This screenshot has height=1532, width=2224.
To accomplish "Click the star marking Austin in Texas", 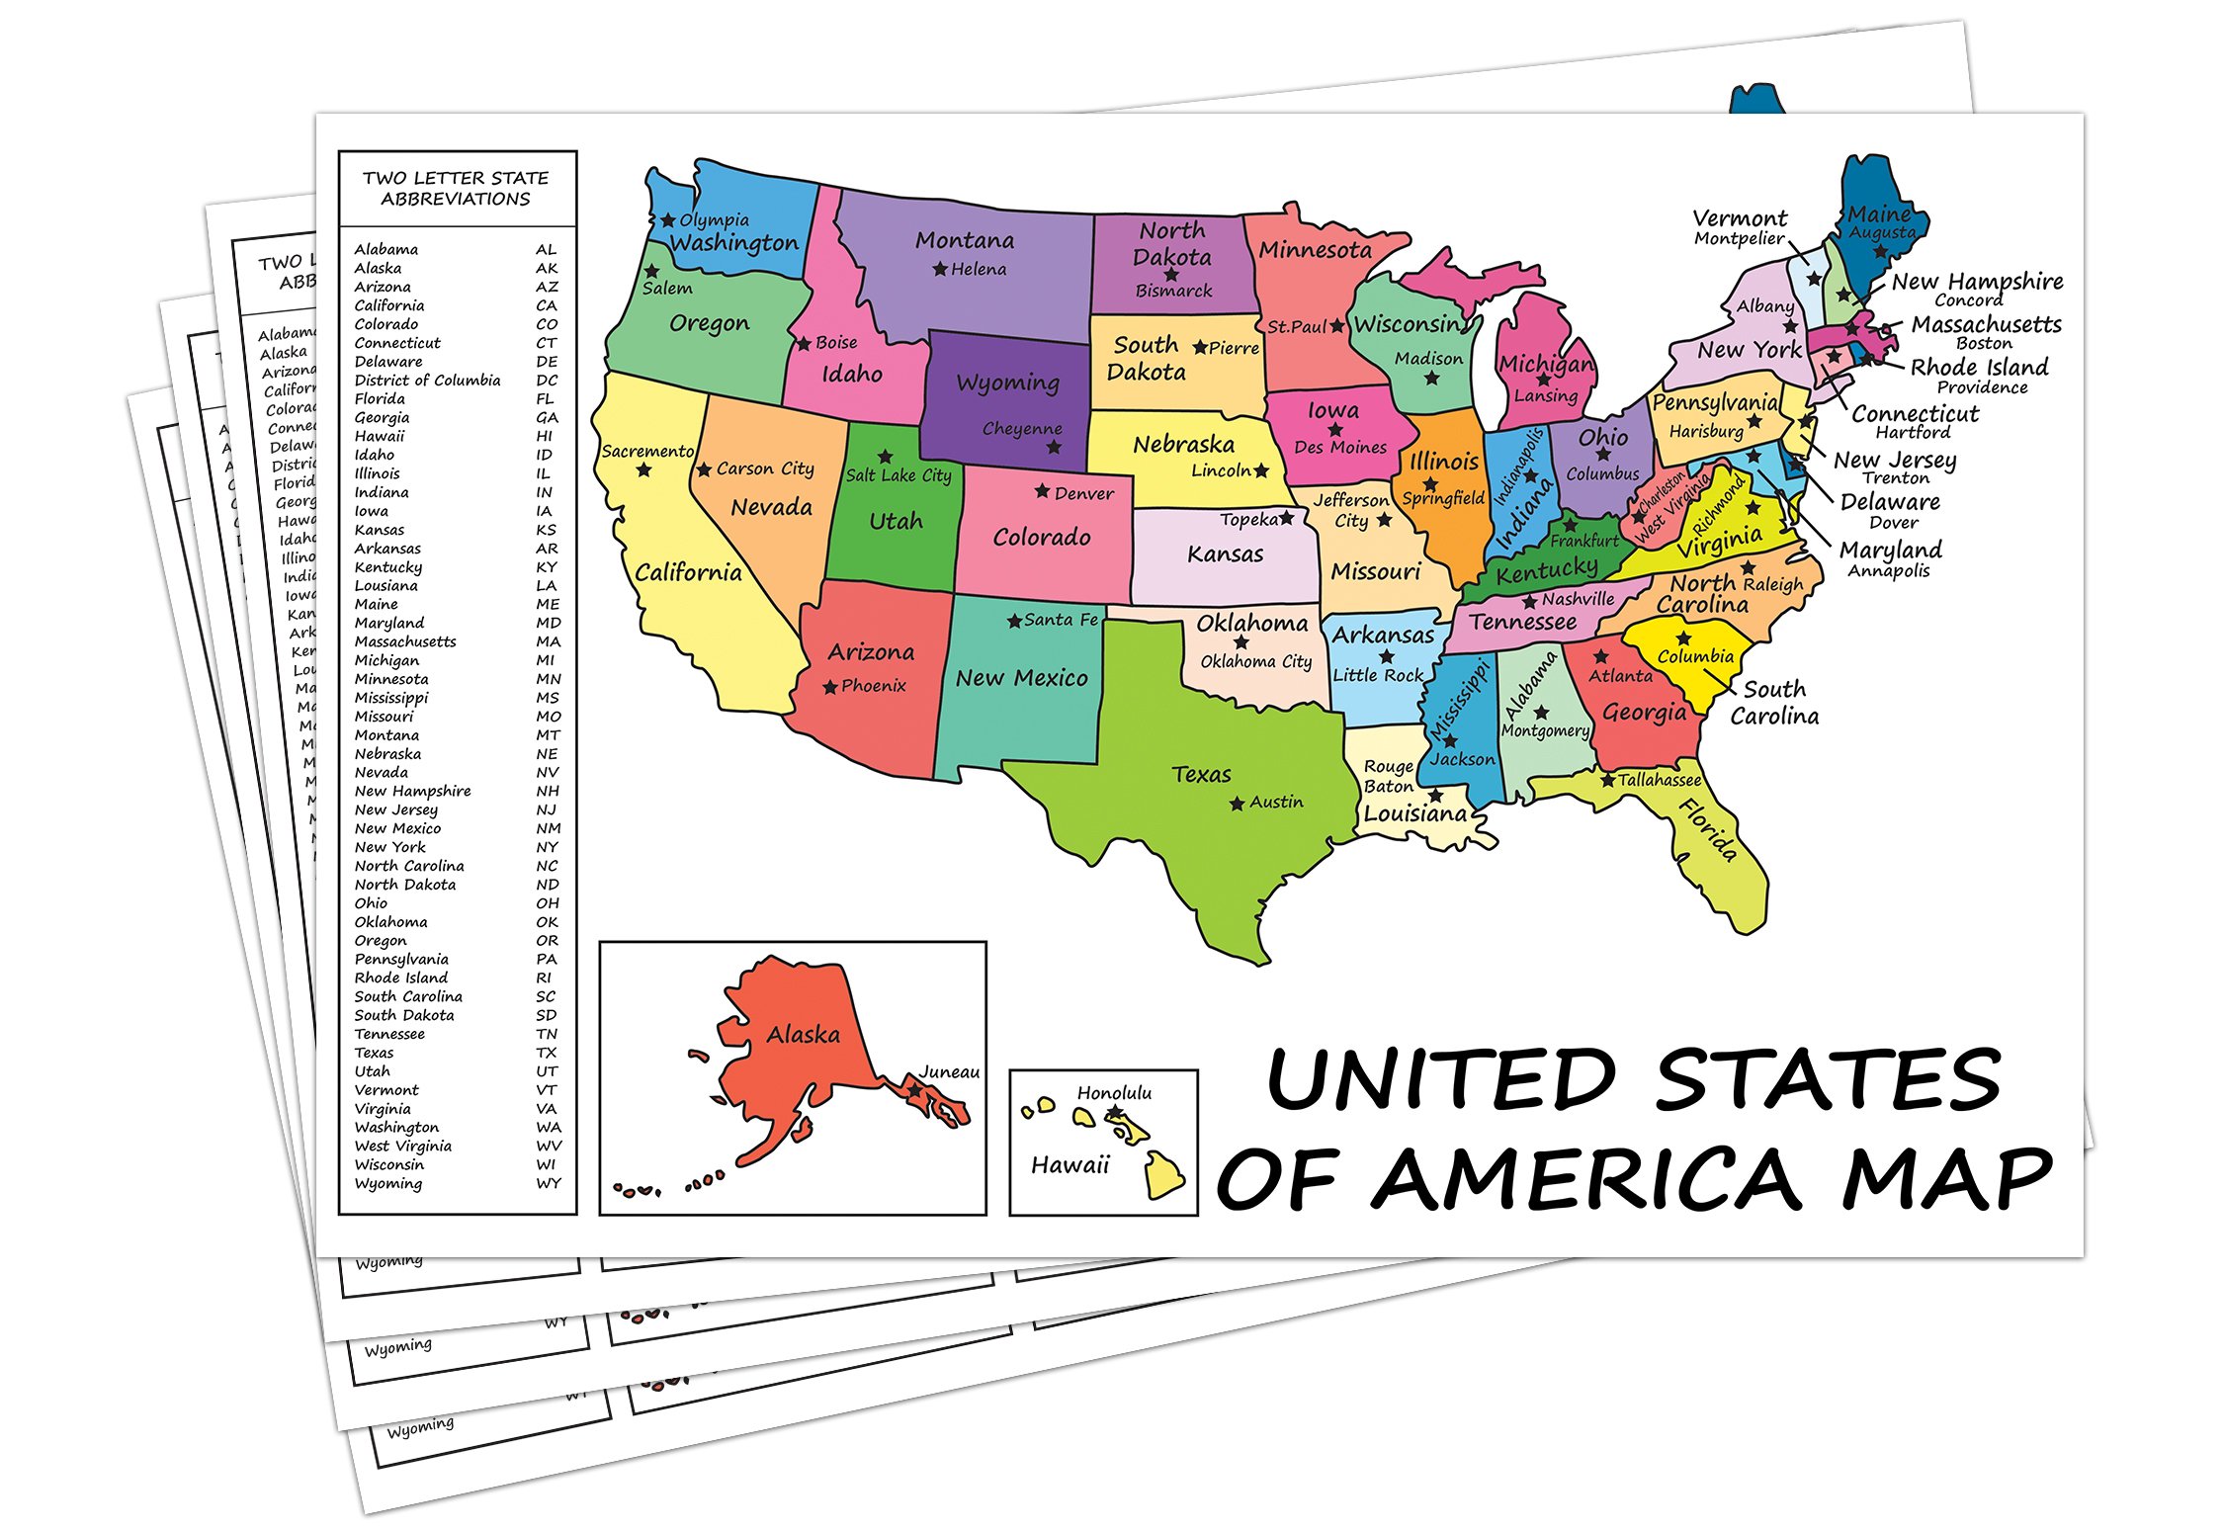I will point(1237,804).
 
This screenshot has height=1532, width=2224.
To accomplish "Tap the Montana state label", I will point(964,240).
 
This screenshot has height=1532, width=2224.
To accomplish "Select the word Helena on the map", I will point(979,269).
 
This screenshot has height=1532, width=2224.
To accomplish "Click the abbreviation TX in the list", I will point(547,1053).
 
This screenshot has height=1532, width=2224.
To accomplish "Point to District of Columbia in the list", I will point(427,381).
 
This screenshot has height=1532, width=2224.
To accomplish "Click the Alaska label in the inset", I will point(803,1035).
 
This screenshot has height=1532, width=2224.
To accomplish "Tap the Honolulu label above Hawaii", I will point(1114,1092).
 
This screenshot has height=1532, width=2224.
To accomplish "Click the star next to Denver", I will point(1042,491).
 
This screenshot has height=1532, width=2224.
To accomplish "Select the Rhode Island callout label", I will point(1979,367).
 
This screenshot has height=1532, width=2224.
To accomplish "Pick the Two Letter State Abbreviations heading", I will point(456,188).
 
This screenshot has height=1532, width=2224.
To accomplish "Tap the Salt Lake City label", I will point(898,475).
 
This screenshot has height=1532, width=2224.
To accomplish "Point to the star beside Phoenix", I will point(830,687).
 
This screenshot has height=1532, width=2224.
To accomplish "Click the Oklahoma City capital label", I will point(1255,661).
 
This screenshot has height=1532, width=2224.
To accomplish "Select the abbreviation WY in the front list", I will point(549,1183).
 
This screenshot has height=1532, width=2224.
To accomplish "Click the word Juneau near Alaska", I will point(949,1071).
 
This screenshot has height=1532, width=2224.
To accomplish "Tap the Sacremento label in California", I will point(647,451).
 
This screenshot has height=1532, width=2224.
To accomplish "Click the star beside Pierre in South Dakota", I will point(1200,347).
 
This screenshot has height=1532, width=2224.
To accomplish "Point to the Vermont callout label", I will point(1740,217).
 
